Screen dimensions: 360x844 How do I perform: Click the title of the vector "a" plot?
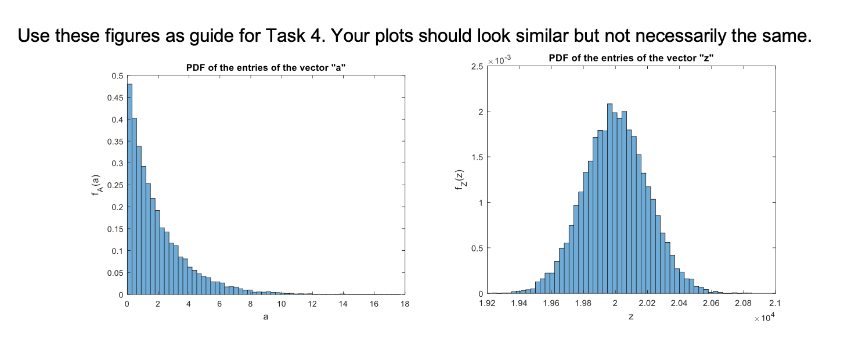click(266, 67)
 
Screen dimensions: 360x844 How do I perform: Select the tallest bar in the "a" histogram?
click(129, 189)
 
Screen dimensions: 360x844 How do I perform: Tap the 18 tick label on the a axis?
click(405, 304)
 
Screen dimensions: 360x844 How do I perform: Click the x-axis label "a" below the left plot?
click(266, 317)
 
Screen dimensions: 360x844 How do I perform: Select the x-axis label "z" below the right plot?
click(631, 317)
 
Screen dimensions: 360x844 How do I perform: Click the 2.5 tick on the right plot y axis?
click(478, 67)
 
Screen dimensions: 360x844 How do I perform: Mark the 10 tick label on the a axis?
click(282, 304)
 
